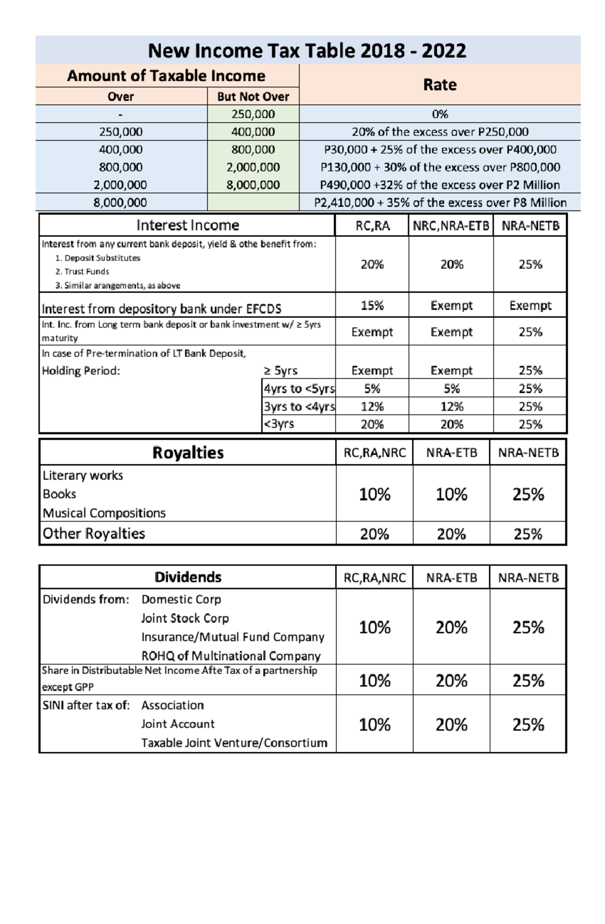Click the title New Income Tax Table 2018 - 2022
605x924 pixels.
click(x=307, y=50)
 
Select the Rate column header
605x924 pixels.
click(x=440, y=85)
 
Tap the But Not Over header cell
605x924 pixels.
click(x=253, y=97)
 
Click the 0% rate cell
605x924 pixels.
click(x=440, y=114)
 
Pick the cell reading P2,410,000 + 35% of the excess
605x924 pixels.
click(x=440, y=202)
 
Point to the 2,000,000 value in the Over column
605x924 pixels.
click(x=120, y=185)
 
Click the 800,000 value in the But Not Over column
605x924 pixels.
click(x=253, y=150)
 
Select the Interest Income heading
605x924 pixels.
click(x=188, y=225)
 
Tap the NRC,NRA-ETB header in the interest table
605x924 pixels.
click(x=451, y=226)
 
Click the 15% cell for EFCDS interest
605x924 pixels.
click(x=372, y=306)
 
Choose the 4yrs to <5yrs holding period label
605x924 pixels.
click(x=299, y=389)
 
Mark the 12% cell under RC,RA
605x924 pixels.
click(x=372, y=406)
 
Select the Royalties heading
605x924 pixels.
click(x=188, y=453)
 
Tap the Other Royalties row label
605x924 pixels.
click(x=94, y=533)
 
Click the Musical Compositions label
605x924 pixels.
click(x=104, y=513)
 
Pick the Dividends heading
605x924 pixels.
click(x=188, y=577)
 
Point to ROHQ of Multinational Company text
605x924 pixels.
click(x=231, y=656)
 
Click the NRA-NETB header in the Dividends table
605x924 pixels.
click(x=528, y=578)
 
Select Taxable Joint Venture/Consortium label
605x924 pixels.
click(x=234, y=743)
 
